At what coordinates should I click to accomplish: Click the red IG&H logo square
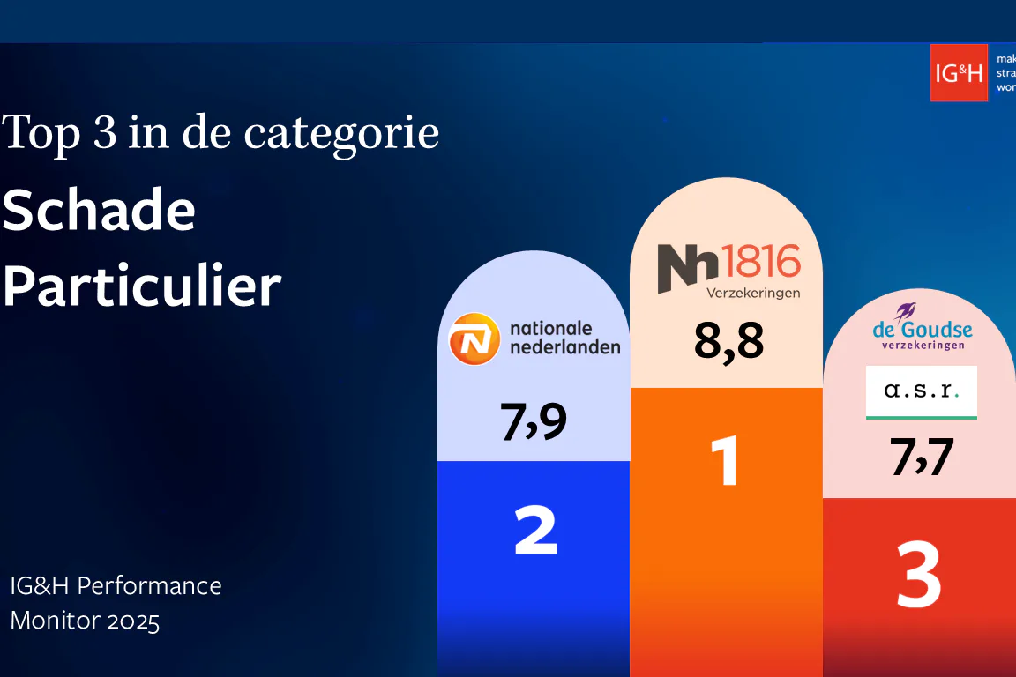point(958,72)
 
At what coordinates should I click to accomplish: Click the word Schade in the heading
point(98,212)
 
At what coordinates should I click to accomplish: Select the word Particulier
point(141,286)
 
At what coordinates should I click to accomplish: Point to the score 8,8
point(728,340)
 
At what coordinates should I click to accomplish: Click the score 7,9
point(534,421)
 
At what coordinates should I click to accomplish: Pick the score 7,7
point(921,458)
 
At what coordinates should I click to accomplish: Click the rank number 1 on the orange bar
point(726,460)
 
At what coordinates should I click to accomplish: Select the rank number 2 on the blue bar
point(535,530)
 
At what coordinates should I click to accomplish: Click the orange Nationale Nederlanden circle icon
point(474,339)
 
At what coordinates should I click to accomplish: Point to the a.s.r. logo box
point(921,391)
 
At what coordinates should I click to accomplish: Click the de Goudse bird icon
point(906,311)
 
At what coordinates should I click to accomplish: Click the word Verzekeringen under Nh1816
point(752,293)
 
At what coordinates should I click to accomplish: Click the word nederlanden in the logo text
point(564,346)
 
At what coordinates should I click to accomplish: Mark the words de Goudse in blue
point(922,331)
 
